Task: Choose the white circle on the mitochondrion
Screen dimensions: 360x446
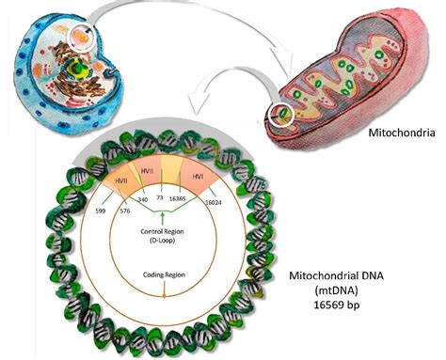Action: click(280, 117)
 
